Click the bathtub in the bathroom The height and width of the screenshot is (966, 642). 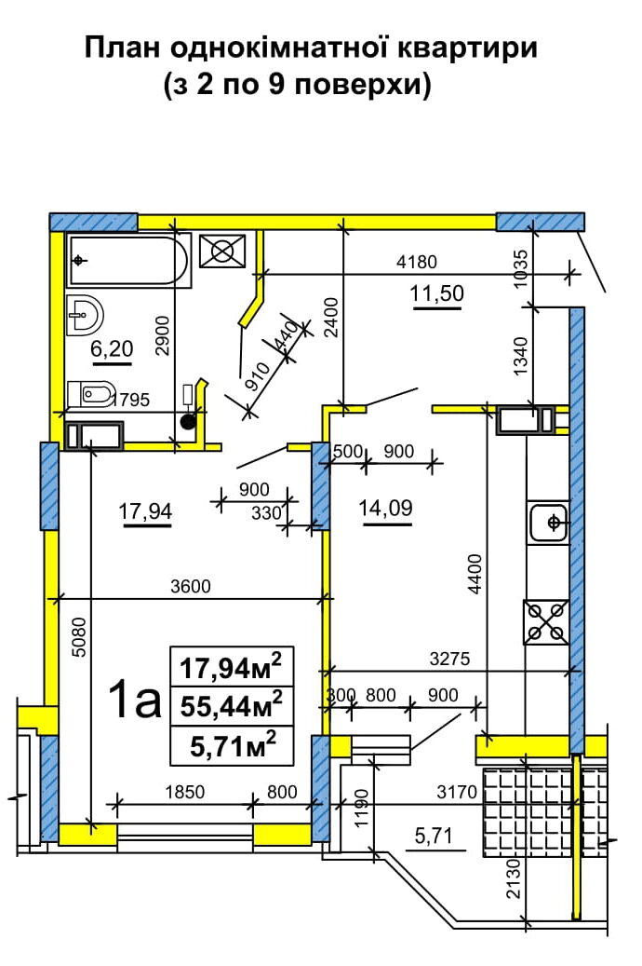tap(128, 261)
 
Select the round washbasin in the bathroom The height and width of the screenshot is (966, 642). tap(85, 315)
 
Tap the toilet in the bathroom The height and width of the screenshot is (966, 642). tap(91, 394)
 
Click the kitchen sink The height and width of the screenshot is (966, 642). tap(547, 523)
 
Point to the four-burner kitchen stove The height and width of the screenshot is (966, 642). tap(546, 622)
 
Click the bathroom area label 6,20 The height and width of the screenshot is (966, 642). tap(112, 349)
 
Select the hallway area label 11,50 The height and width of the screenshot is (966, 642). tap(437, 293)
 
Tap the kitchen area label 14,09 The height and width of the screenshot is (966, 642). tap(385, 509)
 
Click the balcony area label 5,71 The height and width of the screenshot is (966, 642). tap(434, 836)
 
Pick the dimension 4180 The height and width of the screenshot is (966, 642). tap(417, 262)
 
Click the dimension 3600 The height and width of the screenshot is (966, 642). tap(191, 586)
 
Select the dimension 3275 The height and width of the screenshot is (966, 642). tap(449, 659)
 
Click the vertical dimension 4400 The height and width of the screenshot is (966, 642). tap(475, 574)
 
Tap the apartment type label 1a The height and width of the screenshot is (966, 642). tap(134, 701)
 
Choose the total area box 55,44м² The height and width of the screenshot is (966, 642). tap(232, 705)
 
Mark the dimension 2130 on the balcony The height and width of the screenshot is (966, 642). tap(513, 878)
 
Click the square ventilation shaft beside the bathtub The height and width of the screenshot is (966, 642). tap(222, 251)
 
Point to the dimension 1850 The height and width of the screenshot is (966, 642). tap(184, 792)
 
